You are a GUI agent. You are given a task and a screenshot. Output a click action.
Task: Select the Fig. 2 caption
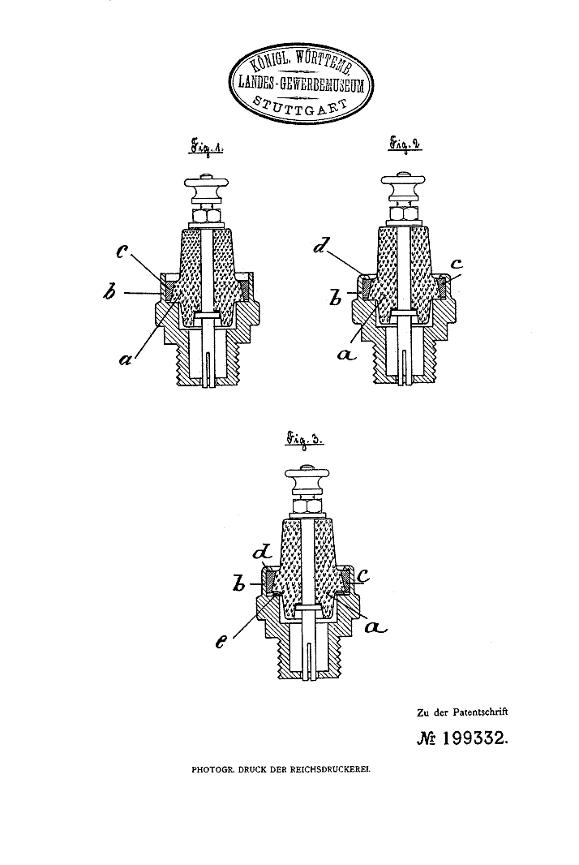pos(406,144)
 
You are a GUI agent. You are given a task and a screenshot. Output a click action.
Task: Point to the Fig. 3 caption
pos(304,441)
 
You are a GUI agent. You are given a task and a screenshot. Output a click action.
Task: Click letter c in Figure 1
pos(122,253)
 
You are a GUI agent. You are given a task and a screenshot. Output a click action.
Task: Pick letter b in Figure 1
pos(109,292)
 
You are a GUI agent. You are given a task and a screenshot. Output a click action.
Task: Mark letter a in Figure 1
pos(126,359)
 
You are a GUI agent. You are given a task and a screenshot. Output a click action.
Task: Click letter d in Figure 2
pos(320,245)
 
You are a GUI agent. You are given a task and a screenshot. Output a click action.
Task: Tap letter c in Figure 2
pos(456,264)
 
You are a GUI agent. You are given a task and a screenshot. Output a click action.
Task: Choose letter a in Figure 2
pos(346,355)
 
